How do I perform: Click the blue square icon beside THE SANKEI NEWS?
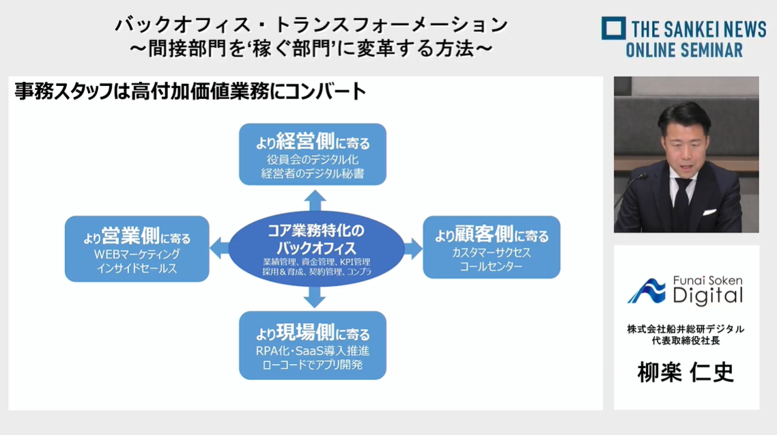[x=613, y=28]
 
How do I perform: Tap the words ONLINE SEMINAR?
[x=684, y=50]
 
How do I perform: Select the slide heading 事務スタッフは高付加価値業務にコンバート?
[x=190, y=91]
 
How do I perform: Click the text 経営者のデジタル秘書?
[x=313, y=173]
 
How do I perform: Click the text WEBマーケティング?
[x=137, y=254]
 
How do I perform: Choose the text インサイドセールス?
[x=137, y=268]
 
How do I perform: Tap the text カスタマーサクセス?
[x=492, y=252]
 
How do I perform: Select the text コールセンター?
[x=491, y=266]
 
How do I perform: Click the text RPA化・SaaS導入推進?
[x=313, y=351]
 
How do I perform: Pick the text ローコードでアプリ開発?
[x=313, y=365]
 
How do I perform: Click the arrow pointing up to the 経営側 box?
[x=315, y=201]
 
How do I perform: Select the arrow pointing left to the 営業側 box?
[x=220, y=248]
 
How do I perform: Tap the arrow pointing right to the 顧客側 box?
[x=413, y=248]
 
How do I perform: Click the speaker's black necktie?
[x=682, y=201]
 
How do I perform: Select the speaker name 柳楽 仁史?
[x=686, y=372]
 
